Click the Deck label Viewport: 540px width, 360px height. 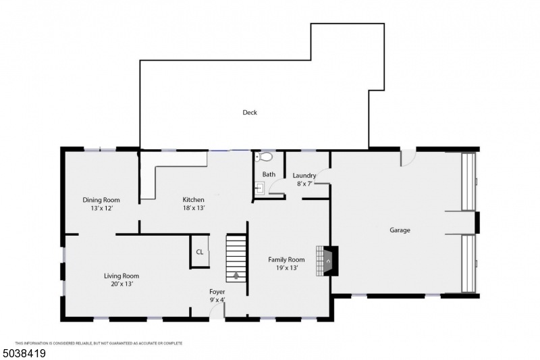coord(250,113)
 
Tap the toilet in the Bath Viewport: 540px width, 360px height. coord(265,157)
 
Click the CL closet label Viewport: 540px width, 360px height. coord(200,252)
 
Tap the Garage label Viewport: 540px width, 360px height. coord(400,230)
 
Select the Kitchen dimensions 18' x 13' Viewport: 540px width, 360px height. coord(193,209)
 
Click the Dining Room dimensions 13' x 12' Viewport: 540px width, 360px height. coord(101,209)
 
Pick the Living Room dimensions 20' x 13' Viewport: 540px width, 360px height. coord(122,284)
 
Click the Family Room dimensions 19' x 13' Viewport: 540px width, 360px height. coord(287,268)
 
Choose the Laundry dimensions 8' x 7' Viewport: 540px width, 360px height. coord(304,184)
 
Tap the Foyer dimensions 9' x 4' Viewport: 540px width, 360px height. coord(217,301)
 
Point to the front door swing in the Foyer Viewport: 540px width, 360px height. coord(217,310)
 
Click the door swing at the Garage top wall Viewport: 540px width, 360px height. coord(408,158)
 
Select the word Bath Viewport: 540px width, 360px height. coord(269,174)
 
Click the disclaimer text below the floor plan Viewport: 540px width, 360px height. coord(99,343)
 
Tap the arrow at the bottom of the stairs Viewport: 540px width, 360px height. coord(236,274)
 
